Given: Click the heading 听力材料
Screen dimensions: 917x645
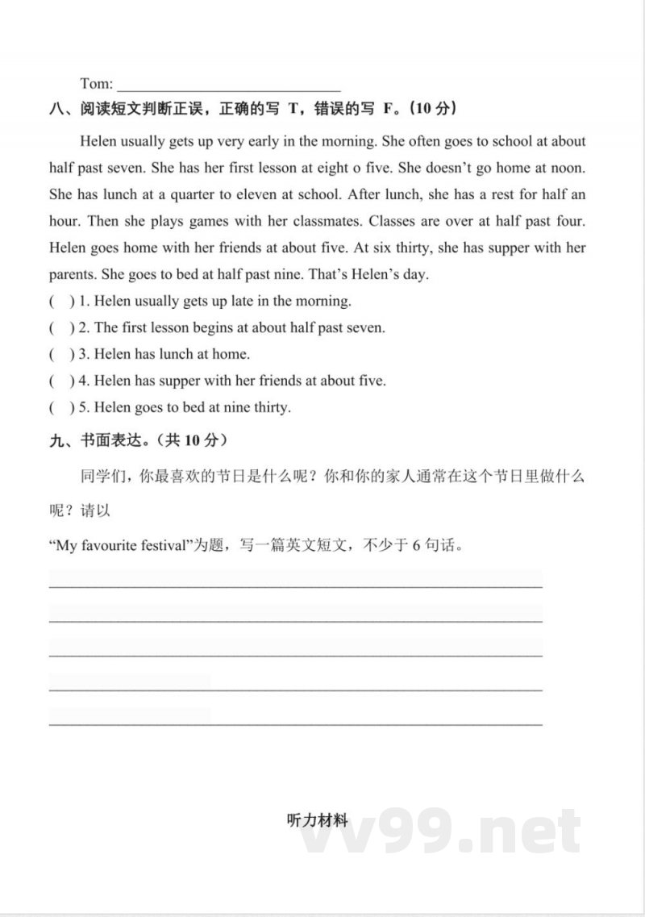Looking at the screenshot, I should click(317, 821).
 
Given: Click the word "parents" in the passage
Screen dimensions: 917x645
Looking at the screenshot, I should click(72, 274).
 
